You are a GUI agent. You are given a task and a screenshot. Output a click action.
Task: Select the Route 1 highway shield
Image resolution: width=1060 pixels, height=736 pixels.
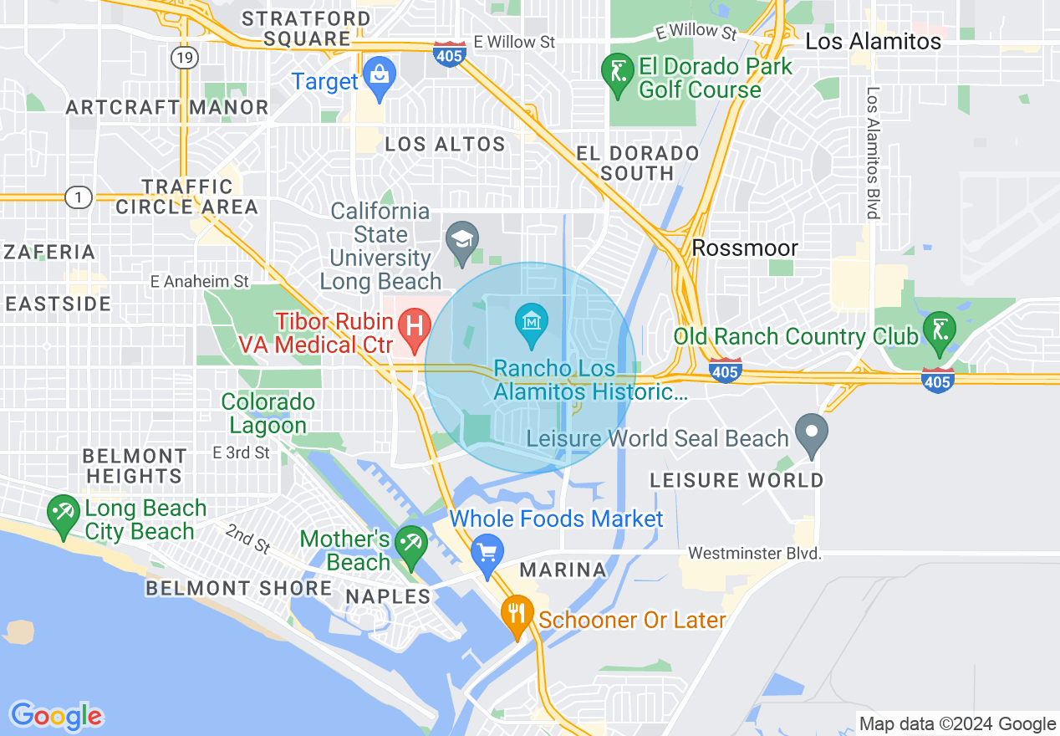(78, 197)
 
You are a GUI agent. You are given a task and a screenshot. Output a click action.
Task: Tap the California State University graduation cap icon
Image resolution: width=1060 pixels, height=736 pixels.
(461, 241)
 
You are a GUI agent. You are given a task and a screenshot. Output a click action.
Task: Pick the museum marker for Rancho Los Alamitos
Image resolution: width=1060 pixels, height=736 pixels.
(532, 323)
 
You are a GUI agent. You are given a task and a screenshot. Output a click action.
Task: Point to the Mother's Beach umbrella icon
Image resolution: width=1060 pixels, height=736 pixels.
(410, 545)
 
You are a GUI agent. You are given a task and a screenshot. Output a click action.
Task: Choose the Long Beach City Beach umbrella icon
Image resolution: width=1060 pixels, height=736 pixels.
(64, 514)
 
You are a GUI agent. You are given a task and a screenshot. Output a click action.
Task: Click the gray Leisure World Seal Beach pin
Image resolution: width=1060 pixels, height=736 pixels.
(811, 434)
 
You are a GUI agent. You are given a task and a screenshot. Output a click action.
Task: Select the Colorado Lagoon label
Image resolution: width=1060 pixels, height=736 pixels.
(268, 413)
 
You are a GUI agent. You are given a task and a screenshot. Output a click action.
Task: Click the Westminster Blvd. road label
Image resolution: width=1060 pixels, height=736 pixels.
(755, 554)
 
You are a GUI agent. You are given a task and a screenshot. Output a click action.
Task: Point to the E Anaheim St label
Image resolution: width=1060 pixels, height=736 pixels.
(200, 282)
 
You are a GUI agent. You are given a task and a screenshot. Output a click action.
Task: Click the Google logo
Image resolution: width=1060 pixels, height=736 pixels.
(56, 716)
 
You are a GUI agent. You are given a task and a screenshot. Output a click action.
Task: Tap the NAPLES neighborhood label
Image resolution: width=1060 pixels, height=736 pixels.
(389, 596)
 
